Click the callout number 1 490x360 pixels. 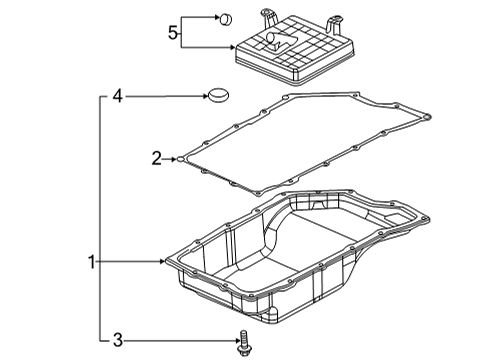(90, 263)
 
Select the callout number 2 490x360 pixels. (156, 157)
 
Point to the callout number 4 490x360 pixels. (117, 97)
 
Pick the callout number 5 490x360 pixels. (173, 33)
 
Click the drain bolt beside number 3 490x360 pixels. (243, 343)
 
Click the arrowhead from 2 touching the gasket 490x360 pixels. (175, 157)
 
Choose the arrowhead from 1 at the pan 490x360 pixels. (166, 263)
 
